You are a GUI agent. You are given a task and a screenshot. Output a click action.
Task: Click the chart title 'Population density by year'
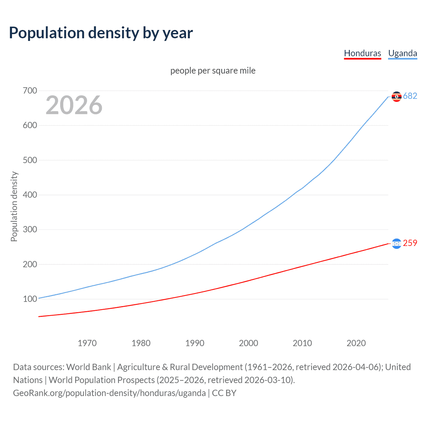coord(101,33)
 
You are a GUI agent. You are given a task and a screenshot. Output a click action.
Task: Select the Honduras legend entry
coord(362,53)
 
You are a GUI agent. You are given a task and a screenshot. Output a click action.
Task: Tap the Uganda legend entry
coord(402,53)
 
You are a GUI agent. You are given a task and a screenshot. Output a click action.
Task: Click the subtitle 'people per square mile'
coord(213,71)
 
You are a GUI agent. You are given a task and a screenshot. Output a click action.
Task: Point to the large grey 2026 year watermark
coord(74,105)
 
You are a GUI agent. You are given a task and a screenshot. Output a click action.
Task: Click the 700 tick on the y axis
coord(30,91)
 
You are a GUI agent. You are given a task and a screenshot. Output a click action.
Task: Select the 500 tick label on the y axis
coord(30,160)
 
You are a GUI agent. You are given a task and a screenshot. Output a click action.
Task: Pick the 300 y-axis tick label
coord(30,230)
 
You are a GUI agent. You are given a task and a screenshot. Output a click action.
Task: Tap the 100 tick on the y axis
coord(30,299)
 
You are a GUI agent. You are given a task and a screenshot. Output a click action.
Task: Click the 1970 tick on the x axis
coord(87,343)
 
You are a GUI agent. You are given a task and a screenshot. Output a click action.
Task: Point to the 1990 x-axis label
coord(195,343)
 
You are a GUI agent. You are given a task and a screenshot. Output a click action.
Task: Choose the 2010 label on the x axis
coord(302,343)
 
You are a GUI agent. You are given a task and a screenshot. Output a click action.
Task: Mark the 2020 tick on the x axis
coord(356,343)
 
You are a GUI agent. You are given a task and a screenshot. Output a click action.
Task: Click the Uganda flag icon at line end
coord(396,97)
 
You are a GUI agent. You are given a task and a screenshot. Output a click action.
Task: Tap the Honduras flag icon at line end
coord(396,244)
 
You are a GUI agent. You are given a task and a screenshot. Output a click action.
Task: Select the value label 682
coord(410,96)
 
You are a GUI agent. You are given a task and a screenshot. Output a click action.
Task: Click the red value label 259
coord(410,243)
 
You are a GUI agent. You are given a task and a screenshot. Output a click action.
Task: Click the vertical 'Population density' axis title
coord(14,206)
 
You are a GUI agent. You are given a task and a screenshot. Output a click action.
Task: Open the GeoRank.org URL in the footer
coord(109,393)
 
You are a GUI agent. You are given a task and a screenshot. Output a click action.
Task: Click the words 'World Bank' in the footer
coord(89,367)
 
